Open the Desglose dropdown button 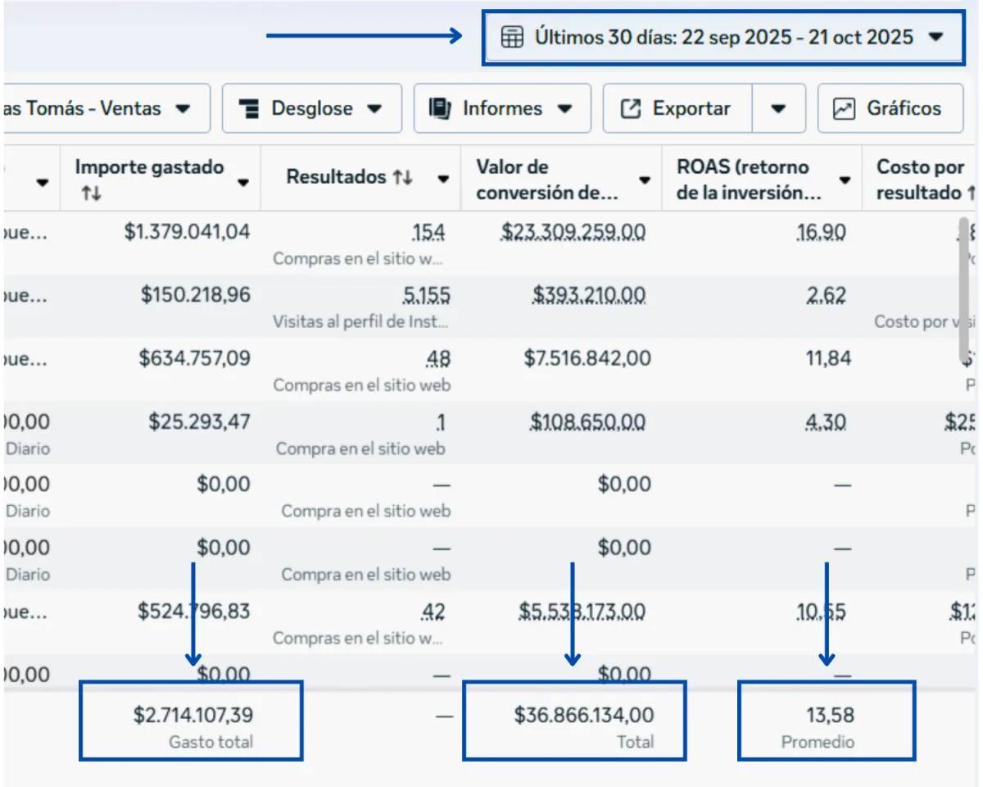coord(311,108)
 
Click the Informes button coord(502,108)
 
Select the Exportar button coord(677,108)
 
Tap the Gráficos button coord(890,108)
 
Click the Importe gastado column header coord(149,167)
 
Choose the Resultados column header coord(336,177)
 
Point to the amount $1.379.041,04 coord(188,232)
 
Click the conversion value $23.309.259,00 coord(573,232)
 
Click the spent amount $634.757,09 coord(195,358)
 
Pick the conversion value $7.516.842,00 coord(587,358)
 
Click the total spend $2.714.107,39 coord(193,715)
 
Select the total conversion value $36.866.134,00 coord(584,715)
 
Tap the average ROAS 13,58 coord(830,715)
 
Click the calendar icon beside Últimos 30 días coord(512,37)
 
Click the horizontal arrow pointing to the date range coord(365,35)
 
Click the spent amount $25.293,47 coord(199,422)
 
